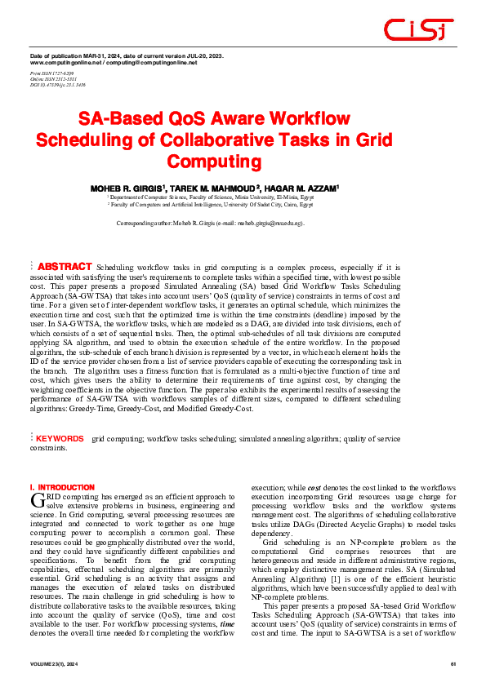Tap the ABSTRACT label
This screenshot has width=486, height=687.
point(65,267)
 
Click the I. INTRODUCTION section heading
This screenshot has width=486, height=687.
point(62,486)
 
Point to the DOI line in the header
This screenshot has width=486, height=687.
point(57,84)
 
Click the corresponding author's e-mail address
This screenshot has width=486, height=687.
point(274,223)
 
